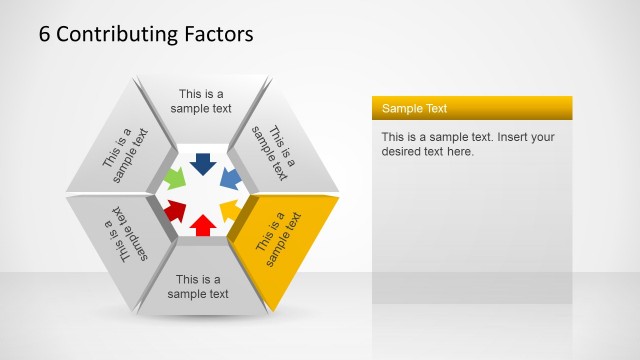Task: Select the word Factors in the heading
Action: pyautogui.click(x=218, y=34)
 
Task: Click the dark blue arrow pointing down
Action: pyautogui.click(x=203, y=163)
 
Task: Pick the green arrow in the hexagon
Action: pyautogui.click(x=173, y=180)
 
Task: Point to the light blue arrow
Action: pyautogui.click(x=230, y=179)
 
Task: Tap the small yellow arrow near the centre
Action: pyautogui.click(x=230, y=210)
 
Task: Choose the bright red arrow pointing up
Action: pyautogui.click(x=202, y=225)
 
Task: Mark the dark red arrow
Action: pyautogui.click(x=175, y=210)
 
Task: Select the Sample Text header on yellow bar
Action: pyautogui.click(x=415, y=108)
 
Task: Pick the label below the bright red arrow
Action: pyautogui.click(x=198, y=287)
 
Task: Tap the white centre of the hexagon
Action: pyautogui.click(x=202, y=194)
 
